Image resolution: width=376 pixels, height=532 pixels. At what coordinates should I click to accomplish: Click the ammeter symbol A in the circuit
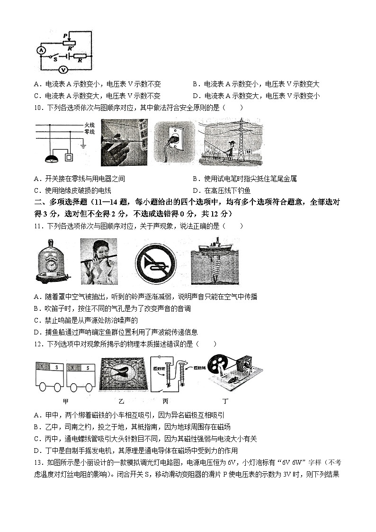[41, 50]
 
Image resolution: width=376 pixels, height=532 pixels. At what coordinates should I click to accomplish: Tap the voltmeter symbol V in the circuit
[61, 69]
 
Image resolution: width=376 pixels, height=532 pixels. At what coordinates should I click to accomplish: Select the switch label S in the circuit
[55, 60]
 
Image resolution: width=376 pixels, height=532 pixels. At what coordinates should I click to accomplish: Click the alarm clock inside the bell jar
[51, 268]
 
